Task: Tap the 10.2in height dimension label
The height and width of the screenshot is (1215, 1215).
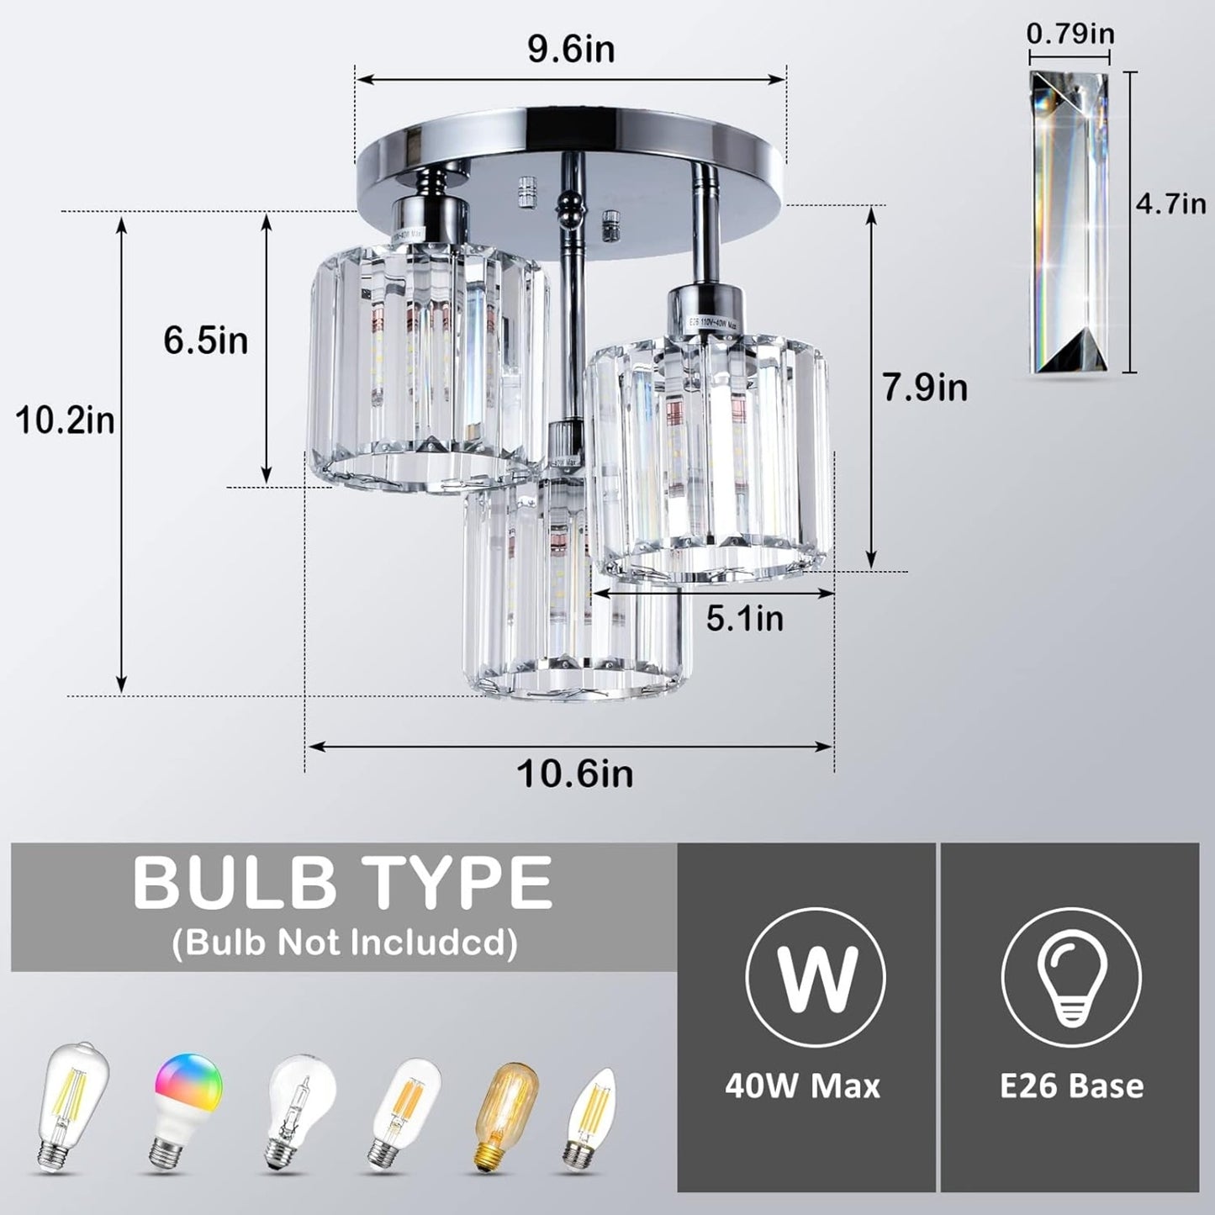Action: [66, 420]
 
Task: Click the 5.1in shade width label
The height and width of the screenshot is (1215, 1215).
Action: [744, 619]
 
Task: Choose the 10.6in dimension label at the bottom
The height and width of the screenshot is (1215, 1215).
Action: [574, 774]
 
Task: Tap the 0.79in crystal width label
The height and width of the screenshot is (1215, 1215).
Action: [1070, 34]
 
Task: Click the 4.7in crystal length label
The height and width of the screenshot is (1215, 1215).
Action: [1170, 203]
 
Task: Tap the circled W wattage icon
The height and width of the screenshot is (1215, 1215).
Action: [815, 977]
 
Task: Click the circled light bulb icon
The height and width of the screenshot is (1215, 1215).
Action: [1070, 977]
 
